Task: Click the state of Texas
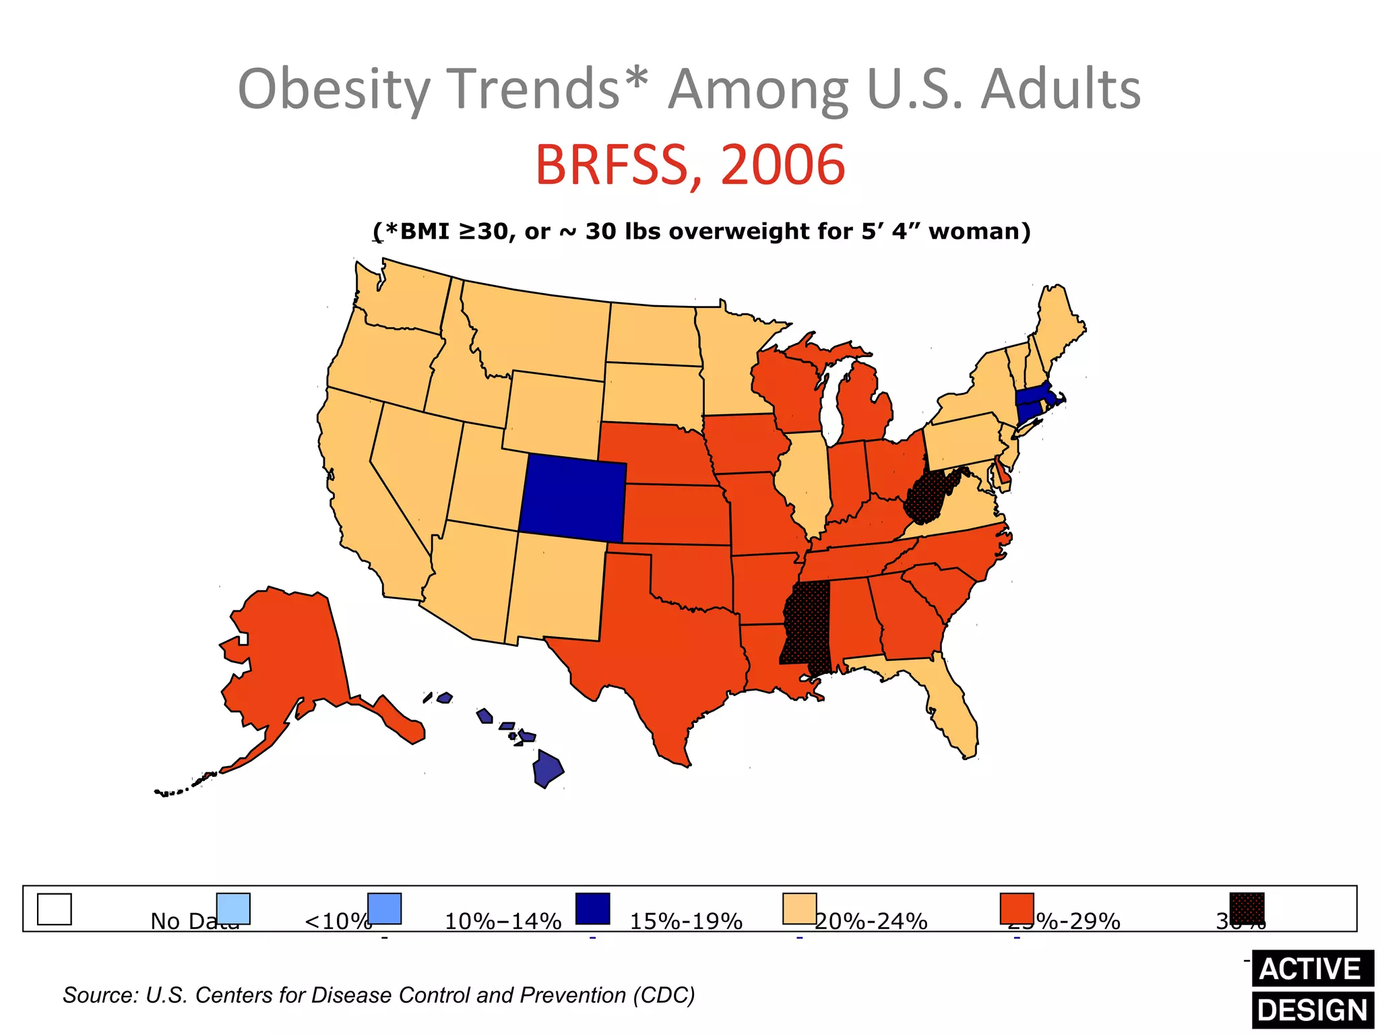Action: [x=667, y=647]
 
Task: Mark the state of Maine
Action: [x=1058, y=323]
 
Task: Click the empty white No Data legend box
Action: [x=54, y=909]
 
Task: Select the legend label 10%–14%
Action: [x=503, y=921]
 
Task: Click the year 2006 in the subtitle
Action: [x=783, y=165]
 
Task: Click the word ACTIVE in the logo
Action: [x=1311, y=969]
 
